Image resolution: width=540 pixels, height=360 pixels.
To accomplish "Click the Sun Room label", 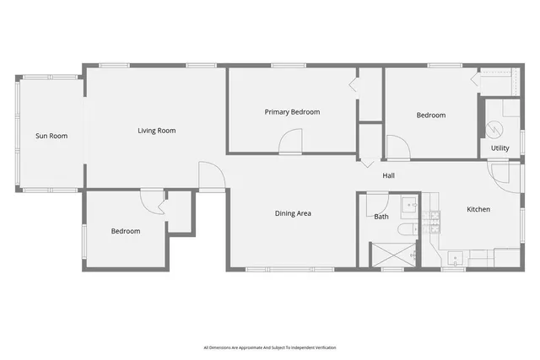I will click(51, 136).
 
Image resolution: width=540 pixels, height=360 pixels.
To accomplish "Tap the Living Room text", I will click(157, 131).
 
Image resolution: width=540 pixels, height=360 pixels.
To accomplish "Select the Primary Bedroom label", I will click(292, 112).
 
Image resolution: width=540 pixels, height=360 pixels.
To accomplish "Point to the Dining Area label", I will click(293, 213).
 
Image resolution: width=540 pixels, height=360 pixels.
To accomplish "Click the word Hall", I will click(388, 176).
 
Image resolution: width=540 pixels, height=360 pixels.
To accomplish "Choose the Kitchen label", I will click(478, 209).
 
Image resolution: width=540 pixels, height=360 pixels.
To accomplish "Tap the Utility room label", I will click(500, 148).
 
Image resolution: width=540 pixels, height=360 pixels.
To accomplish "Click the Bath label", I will click(381, 217).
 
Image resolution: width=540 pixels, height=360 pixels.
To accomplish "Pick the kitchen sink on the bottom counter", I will click(456, 259).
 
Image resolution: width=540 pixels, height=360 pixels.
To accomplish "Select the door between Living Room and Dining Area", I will click(211, 176).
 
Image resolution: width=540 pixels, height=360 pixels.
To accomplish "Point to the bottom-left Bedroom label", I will click(126, 231).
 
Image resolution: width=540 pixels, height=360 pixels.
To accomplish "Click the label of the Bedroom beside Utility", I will click(430, 116).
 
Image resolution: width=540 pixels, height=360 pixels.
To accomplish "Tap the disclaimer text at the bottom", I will click(270, 347).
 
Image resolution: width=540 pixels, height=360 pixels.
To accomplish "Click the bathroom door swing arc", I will click(378, 201).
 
